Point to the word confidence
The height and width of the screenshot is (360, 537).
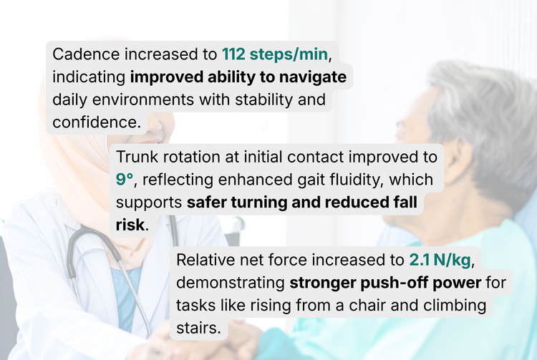95,122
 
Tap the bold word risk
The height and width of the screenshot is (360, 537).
130,225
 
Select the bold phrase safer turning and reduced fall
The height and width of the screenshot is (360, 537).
301,202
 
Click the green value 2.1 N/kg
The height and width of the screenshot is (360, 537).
440,260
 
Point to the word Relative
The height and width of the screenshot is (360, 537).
207,260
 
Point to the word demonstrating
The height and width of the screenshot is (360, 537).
229,283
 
